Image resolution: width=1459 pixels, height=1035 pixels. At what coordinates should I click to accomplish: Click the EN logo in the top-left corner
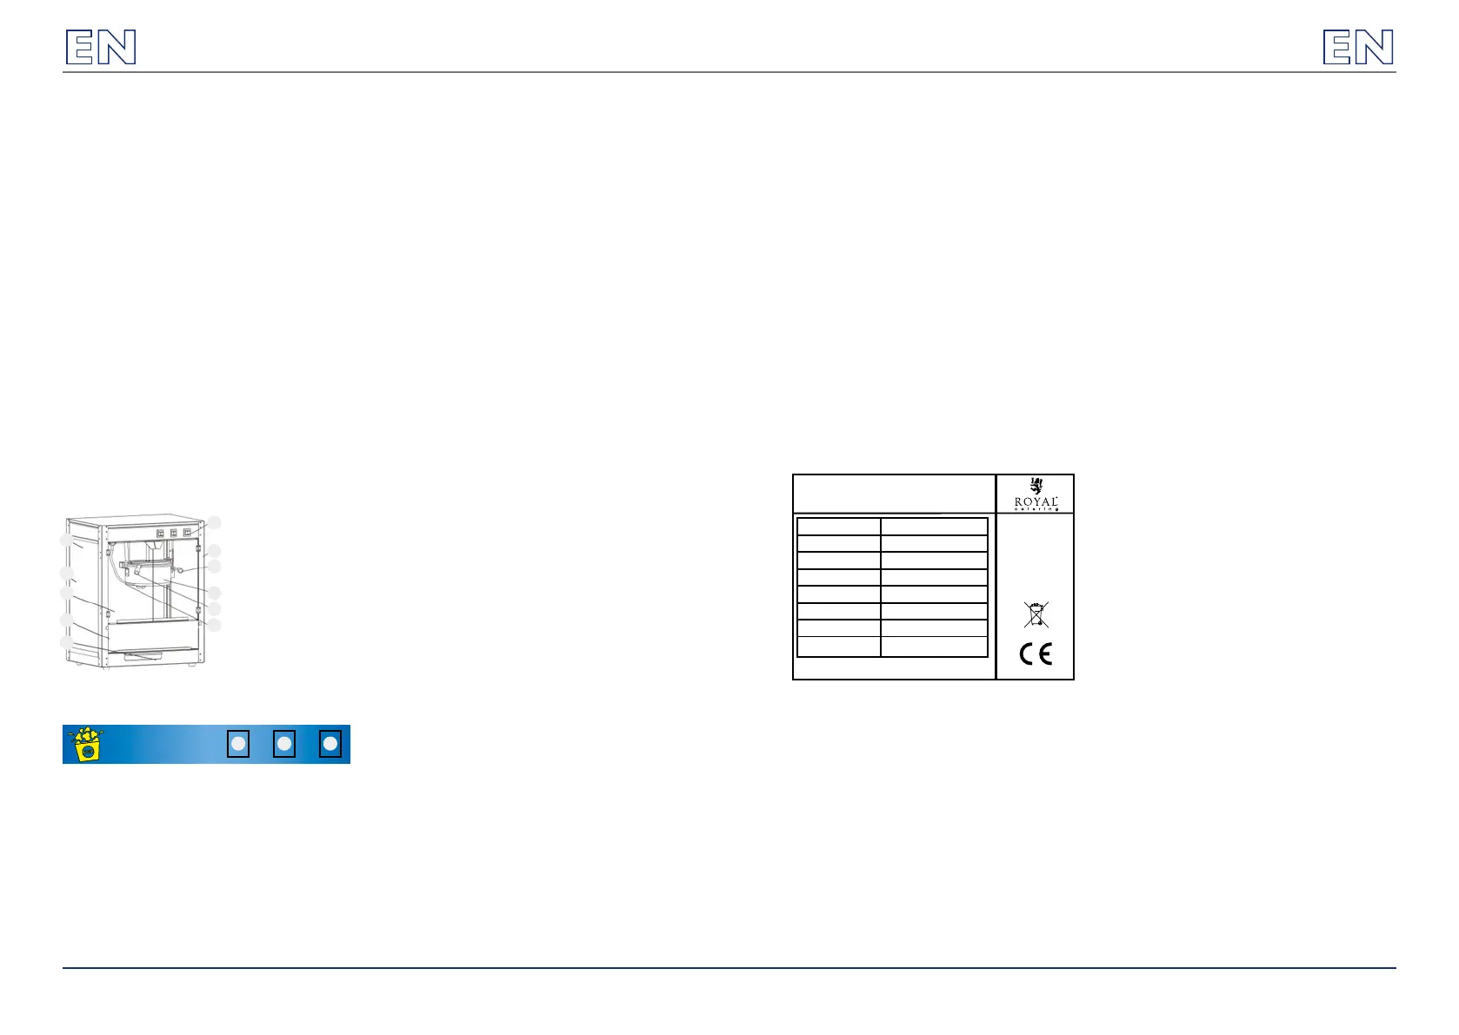[101, 48]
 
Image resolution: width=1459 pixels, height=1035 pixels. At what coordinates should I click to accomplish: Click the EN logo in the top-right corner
[1358, 48]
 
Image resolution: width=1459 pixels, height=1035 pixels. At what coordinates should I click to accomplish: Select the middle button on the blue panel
[283, 745]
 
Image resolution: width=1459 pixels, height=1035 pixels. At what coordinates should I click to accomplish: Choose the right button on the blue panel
[330, 745]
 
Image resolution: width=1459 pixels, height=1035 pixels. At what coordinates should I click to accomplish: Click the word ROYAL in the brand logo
[1036, 502]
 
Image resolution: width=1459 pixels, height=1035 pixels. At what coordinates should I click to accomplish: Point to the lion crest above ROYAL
[1036, 486]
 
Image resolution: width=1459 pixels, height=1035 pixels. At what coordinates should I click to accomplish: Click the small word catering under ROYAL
[1036, 510]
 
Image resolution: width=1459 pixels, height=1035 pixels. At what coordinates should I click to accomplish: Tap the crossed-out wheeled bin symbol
[1036, 614]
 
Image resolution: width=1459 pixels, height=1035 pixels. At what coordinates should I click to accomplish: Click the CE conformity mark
[1036, 654]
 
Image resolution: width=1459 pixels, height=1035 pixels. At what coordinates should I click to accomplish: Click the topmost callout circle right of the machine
[214, 522]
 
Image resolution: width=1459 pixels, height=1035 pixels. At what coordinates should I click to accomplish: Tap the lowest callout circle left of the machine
[66, 642]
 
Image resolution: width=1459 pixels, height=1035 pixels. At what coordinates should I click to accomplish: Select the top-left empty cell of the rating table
[838, 527]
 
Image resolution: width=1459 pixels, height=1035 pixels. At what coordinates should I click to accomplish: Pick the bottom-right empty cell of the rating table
[934, 647]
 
